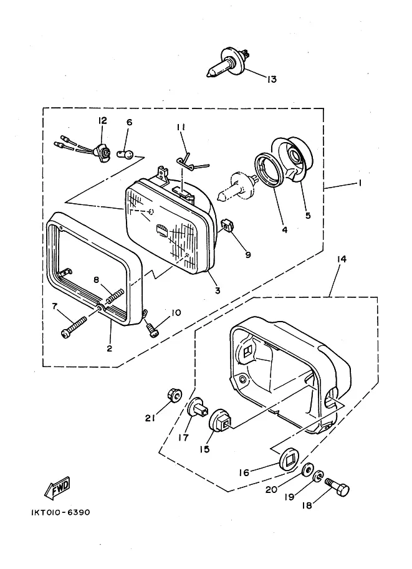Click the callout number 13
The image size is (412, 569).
[272, 79]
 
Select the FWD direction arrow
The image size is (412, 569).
[57, 487]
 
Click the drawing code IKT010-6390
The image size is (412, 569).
[60, 512]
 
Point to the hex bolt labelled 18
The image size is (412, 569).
[337, 487]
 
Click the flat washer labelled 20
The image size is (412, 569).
[307, 470]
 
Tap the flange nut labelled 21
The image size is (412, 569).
[175, 395]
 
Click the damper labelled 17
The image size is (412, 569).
[198, 409]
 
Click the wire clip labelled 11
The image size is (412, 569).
[191, 161]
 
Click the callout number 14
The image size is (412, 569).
[342, 259]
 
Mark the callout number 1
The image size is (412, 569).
[360, 183]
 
